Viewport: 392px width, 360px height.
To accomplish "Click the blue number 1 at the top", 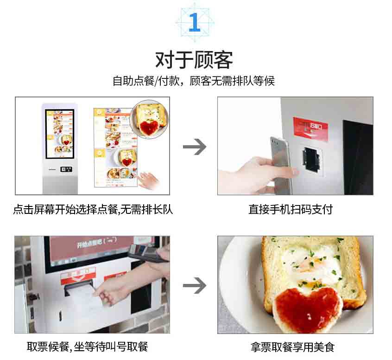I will point(195,22).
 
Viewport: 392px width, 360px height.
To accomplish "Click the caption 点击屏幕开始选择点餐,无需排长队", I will point(93,210).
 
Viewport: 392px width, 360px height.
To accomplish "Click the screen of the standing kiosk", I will point(59,132).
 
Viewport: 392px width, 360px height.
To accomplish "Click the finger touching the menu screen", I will point(148,179).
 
